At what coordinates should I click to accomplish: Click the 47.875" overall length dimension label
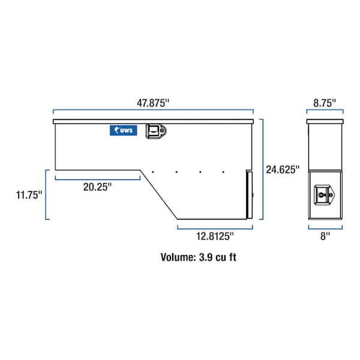click(153, 103)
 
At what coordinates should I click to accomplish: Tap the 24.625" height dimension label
click(283, 170)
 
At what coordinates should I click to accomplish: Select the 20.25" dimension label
click(97, 187)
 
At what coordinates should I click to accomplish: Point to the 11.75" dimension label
click(29, 195)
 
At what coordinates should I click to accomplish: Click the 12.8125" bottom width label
click(215, 236)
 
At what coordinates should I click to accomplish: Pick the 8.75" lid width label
click(325, 103)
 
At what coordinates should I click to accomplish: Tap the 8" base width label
click(325, 236)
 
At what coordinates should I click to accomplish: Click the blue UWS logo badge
click(124, 130)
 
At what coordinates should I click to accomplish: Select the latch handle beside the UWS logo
click(156, 131)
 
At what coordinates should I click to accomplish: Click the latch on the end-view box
click(324, 195)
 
